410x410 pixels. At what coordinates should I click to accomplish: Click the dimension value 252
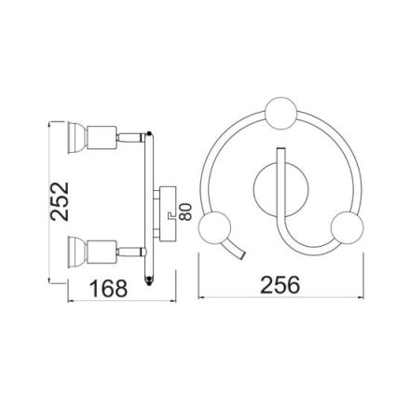coord(60,201)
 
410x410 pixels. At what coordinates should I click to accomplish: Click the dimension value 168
coord(109,289)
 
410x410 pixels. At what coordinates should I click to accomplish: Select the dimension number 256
coord(280,285)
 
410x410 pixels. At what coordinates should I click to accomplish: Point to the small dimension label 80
coord(186,212)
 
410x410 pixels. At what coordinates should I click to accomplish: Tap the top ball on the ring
coord(281,114)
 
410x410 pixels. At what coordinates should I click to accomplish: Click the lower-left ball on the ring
coord(215,226)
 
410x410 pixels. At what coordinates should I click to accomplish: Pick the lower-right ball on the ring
coord(348,226)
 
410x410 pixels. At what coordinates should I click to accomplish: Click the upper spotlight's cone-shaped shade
coord(77,138)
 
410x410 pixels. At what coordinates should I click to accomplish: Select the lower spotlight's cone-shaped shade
coord(77,252)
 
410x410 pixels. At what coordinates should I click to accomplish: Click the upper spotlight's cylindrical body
coord(102,138)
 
